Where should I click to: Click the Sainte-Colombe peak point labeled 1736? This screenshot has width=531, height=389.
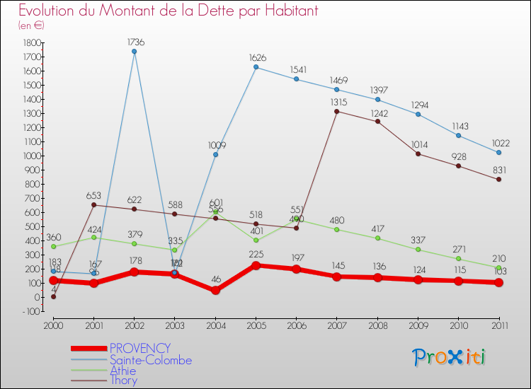click(x=134, y=52)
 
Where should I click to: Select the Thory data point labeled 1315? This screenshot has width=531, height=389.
click(x=336, y=111)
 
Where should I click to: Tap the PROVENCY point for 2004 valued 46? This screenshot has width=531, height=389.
click(x=215, y=291)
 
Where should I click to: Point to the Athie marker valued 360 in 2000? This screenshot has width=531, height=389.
click(x=53, y=246)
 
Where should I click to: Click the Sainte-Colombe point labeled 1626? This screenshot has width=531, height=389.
click(x=256, y=67)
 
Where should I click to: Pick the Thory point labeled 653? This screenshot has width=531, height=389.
click(x=93, y=205)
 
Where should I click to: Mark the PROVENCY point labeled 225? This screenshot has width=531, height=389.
click(x=256, y=265)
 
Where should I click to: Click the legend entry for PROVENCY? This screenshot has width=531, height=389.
click(x=139, y=348)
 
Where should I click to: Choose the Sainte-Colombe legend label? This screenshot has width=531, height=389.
click(x=150, y=359)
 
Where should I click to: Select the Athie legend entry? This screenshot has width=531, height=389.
click(x=124, y=370)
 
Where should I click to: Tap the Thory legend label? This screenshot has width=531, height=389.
click(x=123, y=381)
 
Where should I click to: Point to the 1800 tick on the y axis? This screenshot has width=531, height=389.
click(x=30, y=42)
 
